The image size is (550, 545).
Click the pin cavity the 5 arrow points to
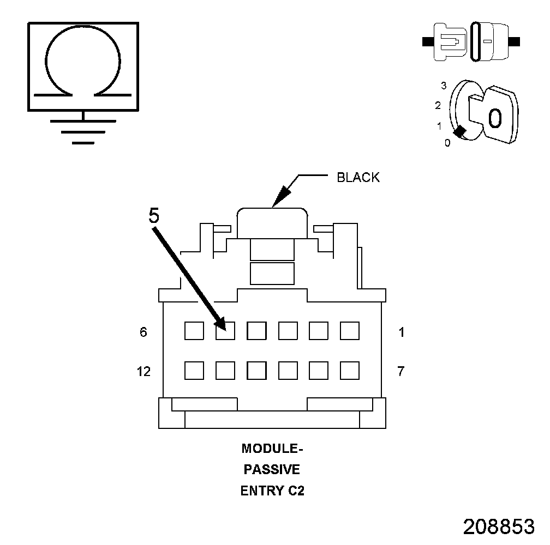(225, 331)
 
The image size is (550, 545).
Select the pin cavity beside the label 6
(194, 331)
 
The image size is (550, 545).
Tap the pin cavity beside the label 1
(350, 331)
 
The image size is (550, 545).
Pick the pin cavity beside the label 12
(194, 371)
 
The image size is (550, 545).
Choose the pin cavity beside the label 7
(350, 371)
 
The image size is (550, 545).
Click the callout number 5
(154, 216)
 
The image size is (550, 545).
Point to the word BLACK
(358, 178)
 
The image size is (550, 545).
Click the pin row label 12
(143, 372)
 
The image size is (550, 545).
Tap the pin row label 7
(401, 372)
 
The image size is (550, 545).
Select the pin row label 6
(144, 332)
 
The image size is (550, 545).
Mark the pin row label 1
(402, 332)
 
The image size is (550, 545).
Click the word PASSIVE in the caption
(272, 469)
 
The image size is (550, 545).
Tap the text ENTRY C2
(272, 491)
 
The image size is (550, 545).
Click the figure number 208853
(498, 526)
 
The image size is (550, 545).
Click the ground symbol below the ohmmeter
(83, 131)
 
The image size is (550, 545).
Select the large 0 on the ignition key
(494, 118)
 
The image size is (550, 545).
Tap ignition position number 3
(444, 86)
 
